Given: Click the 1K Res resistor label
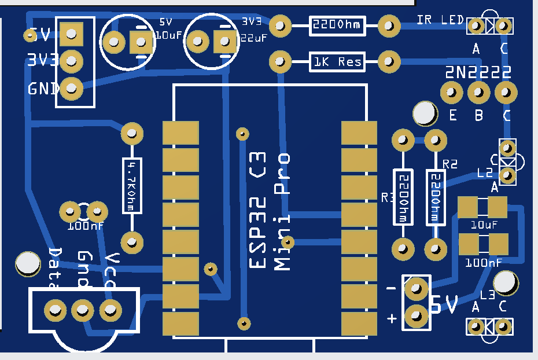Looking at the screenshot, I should coord(338,61).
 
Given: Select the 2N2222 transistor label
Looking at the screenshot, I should coord(478,72).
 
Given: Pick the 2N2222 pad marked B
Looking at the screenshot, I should coord(478,91).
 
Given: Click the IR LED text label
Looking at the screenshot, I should coord(440,21).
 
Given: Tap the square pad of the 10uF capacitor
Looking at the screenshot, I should coord(141,42).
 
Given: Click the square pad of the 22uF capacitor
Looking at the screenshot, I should coord(224,42).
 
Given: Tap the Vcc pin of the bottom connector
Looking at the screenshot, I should coord(110,310).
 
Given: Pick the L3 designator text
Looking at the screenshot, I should coord(487,295).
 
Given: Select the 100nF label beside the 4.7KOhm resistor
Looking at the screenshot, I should coord(85,226).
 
